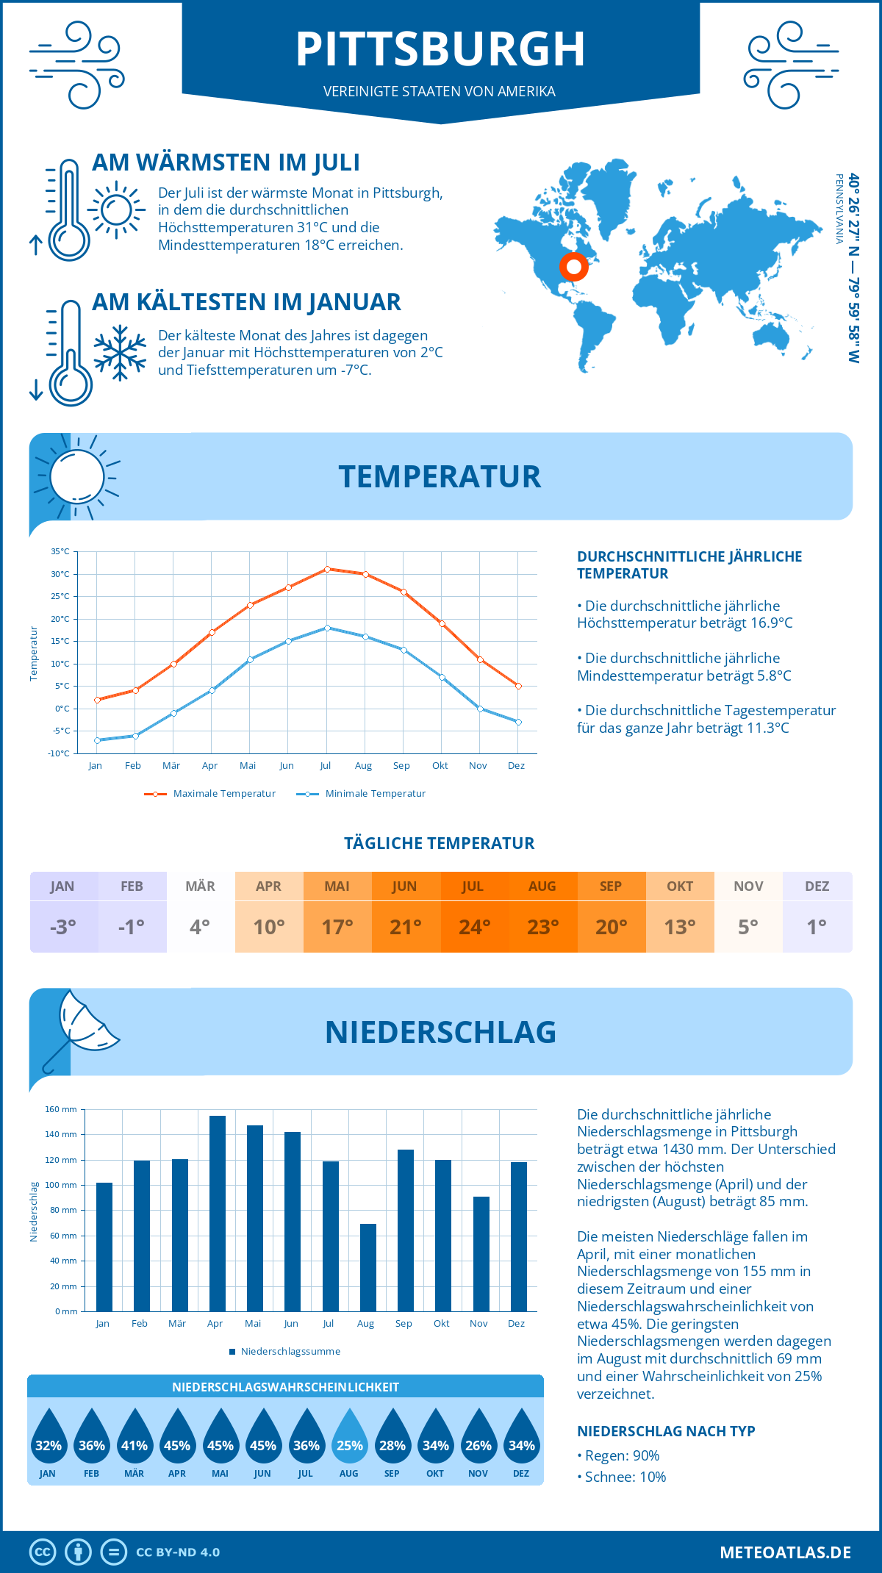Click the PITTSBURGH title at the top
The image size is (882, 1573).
tap(440, 49)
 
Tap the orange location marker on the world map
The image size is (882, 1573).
tap(574, 267)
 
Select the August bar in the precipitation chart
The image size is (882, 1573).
tap(367, 1267)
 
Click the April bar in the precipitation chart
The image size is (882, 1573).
tap(218, 1213)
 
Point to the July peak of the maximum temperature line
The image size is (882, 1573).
tap(327, 569)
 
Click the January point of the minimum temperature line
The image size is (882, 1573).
tap(97, 740)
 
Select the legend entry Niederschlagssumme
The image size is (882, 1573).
tap(290, 1351)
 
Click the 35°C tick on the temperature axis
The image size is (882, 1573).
tap(60, 551)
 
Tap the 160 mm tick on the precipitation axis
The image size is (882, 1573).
tap(62, 1109)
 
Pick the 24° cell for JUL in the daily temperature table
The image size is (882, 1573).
tap(474, 927)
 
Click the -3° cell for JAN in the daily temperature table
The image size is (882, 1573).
tap(63, 927)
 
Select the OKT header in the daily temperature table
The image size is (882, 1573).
tap(679, 886)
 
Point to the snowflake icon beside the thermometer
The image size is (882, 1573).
tap(120, 354)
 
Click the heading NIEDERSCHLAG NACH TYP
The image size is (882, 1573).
tap(666, 1431)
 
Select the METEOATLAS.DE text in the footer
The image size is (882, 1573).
tap(785, 1552)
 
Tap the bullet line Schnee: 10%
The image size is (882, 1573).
tap(625, 1477)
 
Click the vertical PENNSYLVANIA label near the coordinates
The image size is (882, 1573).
tap(839, 209)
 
